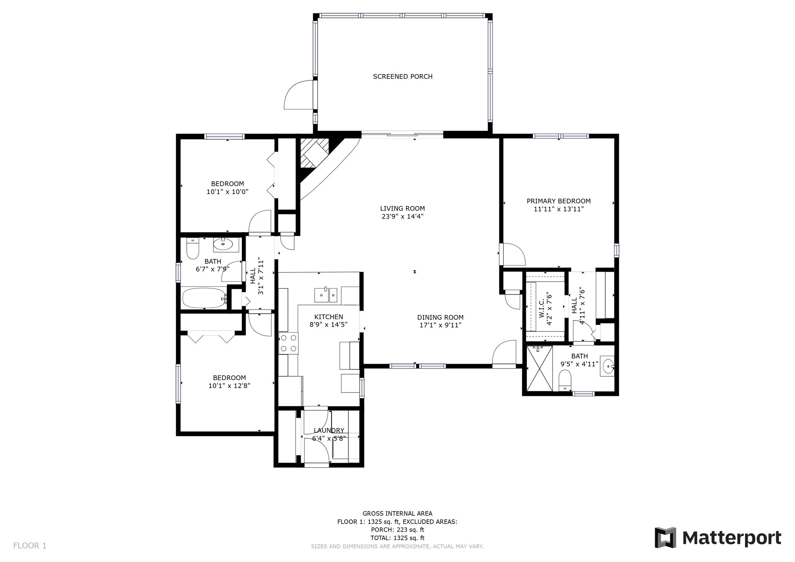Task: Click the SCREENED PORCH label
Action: coord(403,76)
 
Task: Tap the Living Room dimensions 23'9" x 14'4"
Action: coord(402,217)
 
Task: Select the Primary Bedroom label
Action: coord(558,201)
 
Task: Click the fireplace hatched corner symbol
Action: coord(314,153)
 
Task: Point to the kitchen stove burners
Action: coord(288,343)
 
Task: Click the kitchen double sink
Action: coord(325,295)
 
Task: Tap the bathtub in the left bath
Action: coord(204,298)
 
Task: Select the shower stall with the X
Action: coord(539,368)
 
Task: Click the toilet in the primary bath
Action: coord(565,380)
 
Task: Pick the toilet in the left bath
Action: coord(193,248)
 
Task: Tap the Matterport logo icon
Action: coord(665,538)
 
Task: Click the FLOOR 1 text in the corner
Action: coord(30,545)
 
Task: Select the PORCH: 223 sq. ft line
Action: coord(397,530)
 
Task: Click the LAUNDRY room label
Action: coord(329,430)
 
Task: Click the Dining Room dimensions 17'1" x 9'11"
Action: coord(440,325)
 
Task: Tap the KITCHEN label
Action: coord(328,317)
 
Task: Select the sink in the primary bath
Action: coord(608,366)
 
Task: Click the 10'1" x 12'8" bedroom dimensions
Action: coord(229,386)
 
